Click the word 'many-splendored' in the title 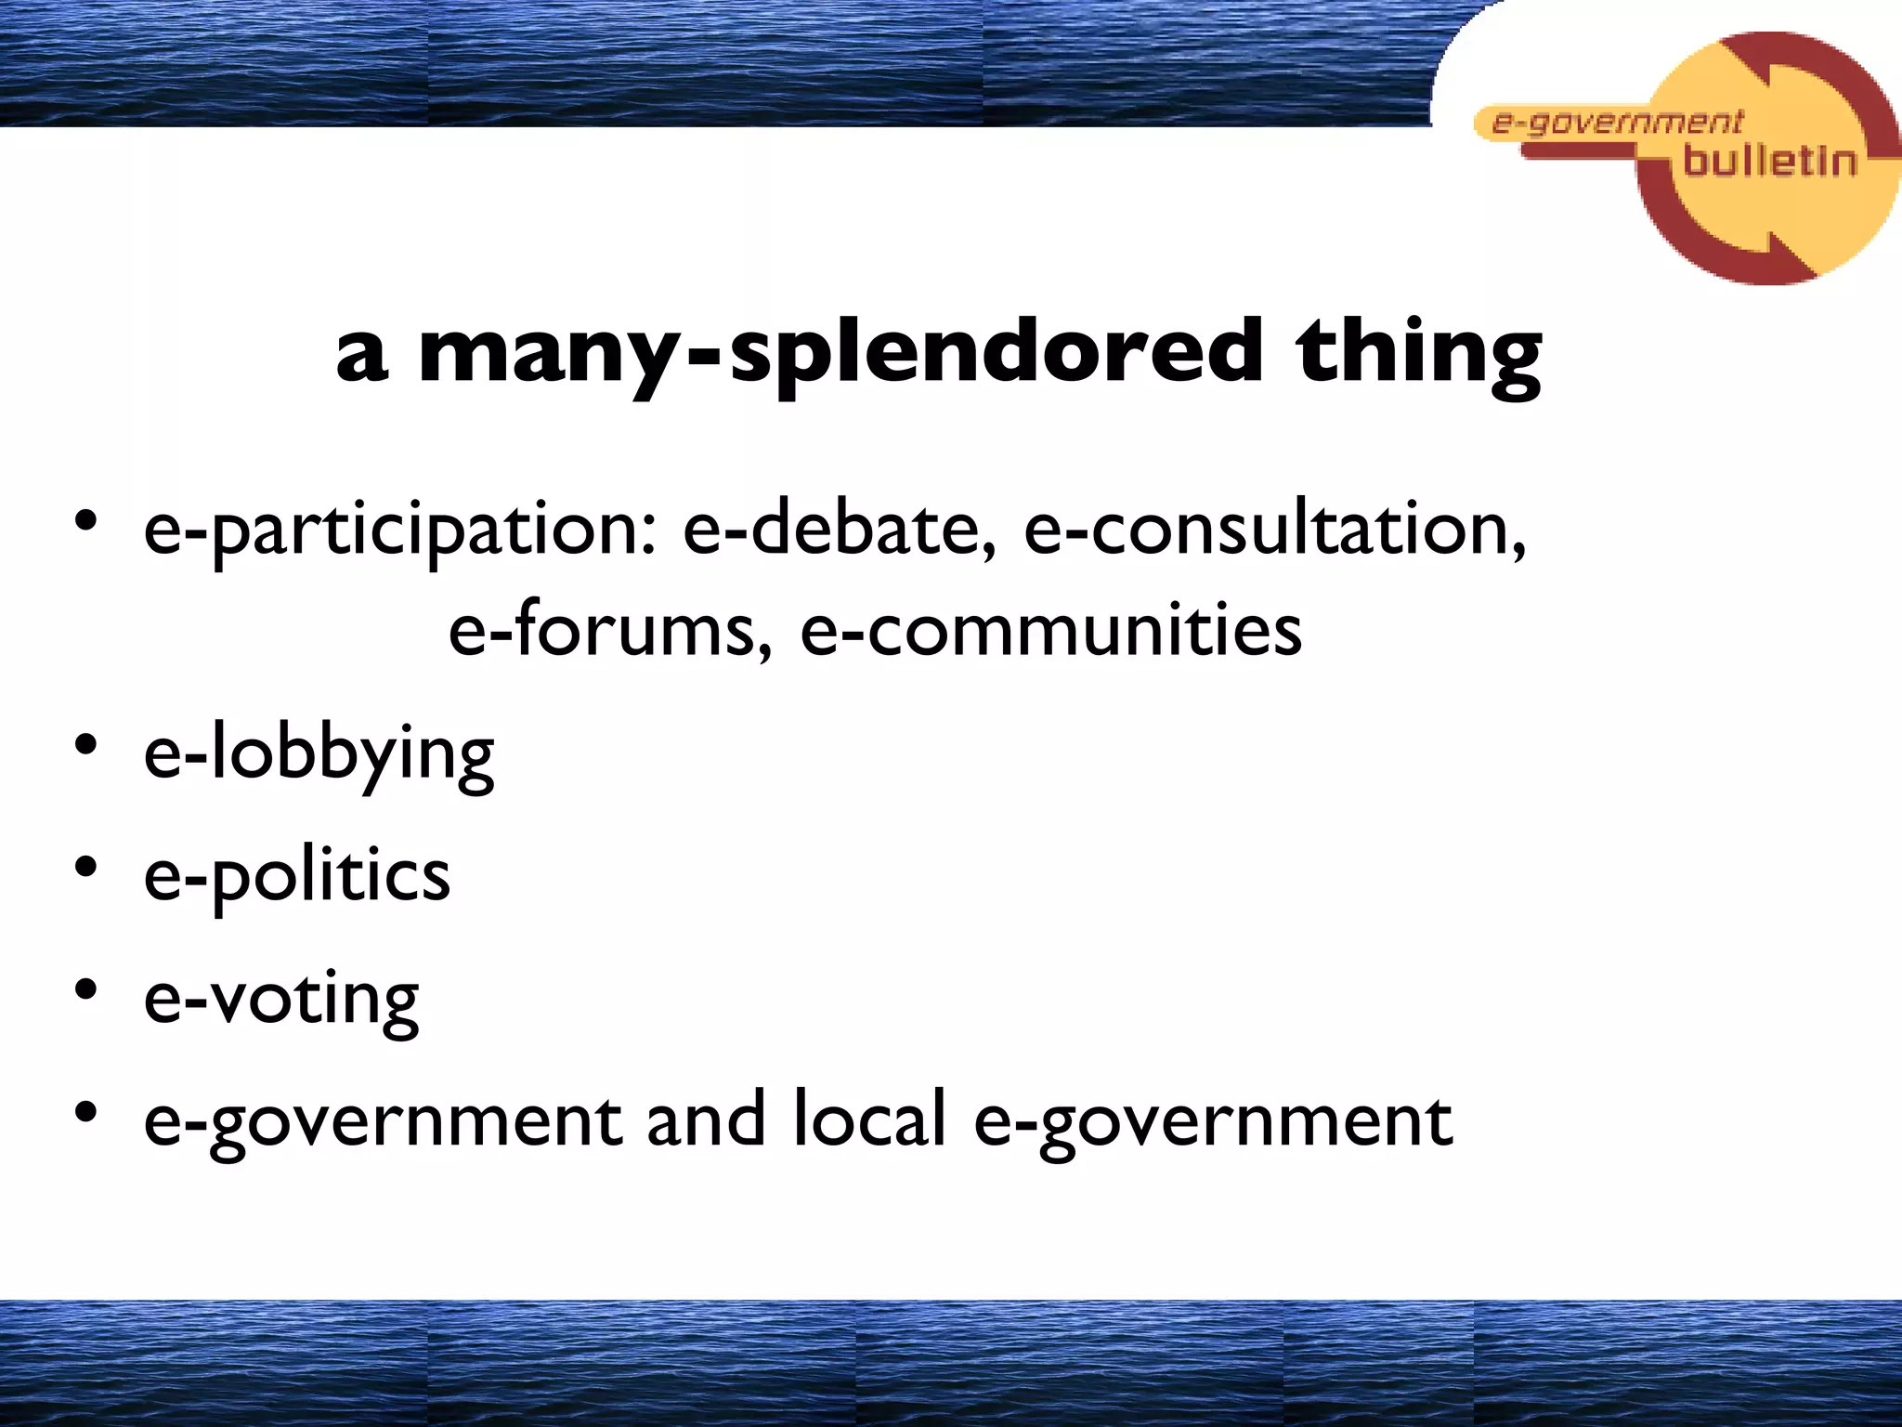[x=840, y=353]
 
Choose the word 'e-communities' [x=1050, y=630]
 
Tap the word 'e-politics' [x=297, y=877]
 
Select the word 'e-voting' [x=281, y=1000]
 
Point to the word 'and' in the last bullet [x=706, y=1119]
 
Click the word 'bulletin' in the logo [x=1769, y=161]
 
